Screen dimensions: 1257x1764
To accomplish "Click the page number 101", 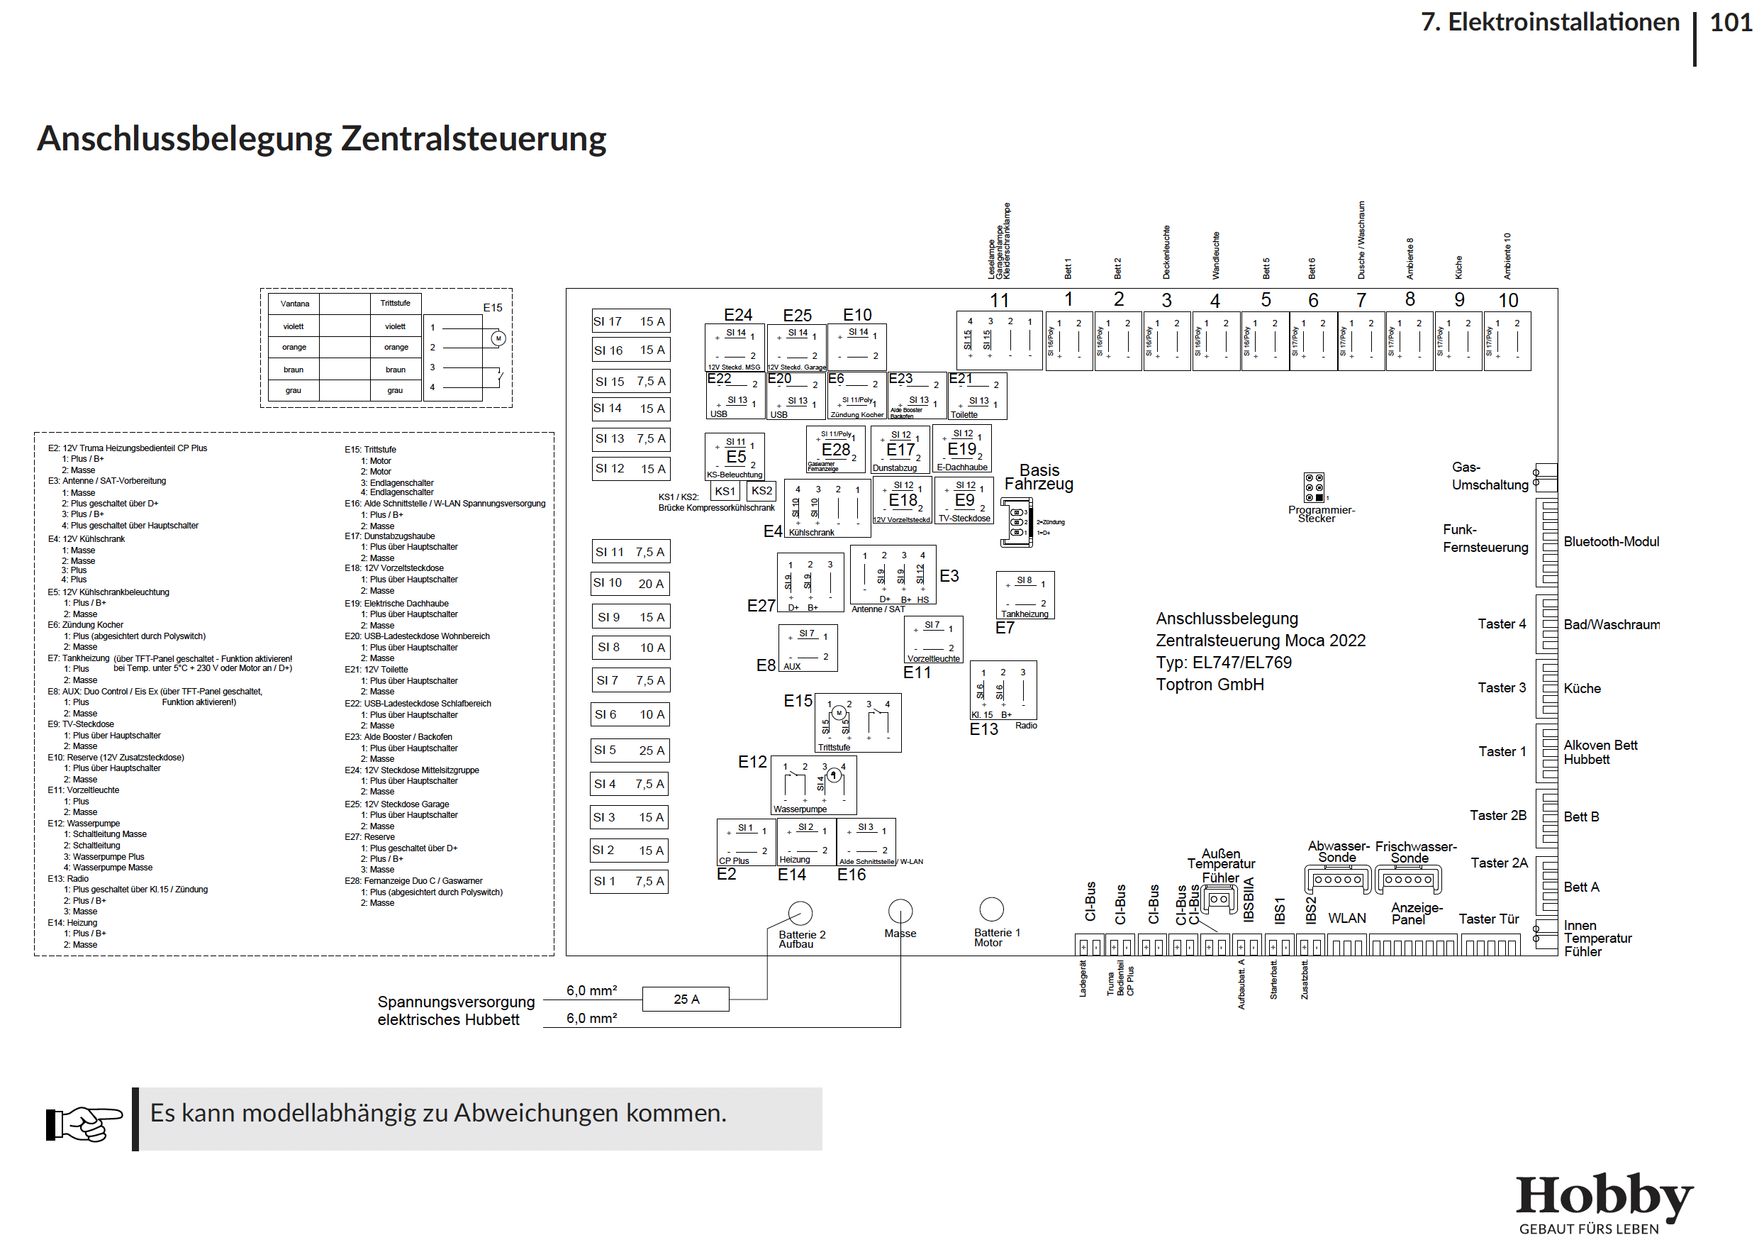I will (1730, 23).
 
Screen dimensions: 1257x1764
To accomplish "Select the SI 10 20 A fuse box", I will (630, 584).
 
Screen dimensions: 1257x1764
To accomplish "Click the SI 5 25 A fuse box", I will (630, 750).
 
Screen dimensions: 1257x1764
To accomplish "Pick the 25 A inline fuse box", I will (686, 999).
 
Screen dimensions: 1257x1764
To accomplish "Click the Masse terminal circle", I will (900, 910).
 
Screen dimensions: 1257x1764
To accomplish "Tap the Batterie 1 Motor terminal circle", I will (991, 909).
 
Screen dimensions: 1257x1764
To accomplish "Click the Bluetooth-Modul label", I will (1611, 542).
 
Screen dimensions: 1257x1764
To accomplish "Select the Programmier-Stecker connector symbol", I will (1314, 487).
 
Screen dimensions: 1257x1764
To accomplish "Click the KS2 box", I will (761, 491).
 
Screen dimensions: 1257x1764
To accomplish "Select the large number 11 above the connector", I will (999, 300).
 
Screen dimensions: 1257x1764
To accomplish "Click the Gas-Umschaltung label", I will (1490, 476).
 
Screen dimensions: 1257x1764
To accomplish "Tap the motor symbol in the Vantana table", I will (498, 338).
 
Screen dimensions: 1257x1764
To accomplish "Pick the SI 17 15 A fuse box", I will (630, 321).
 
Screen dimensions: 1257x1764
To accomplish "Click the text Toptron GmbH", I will (1210, 685).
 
